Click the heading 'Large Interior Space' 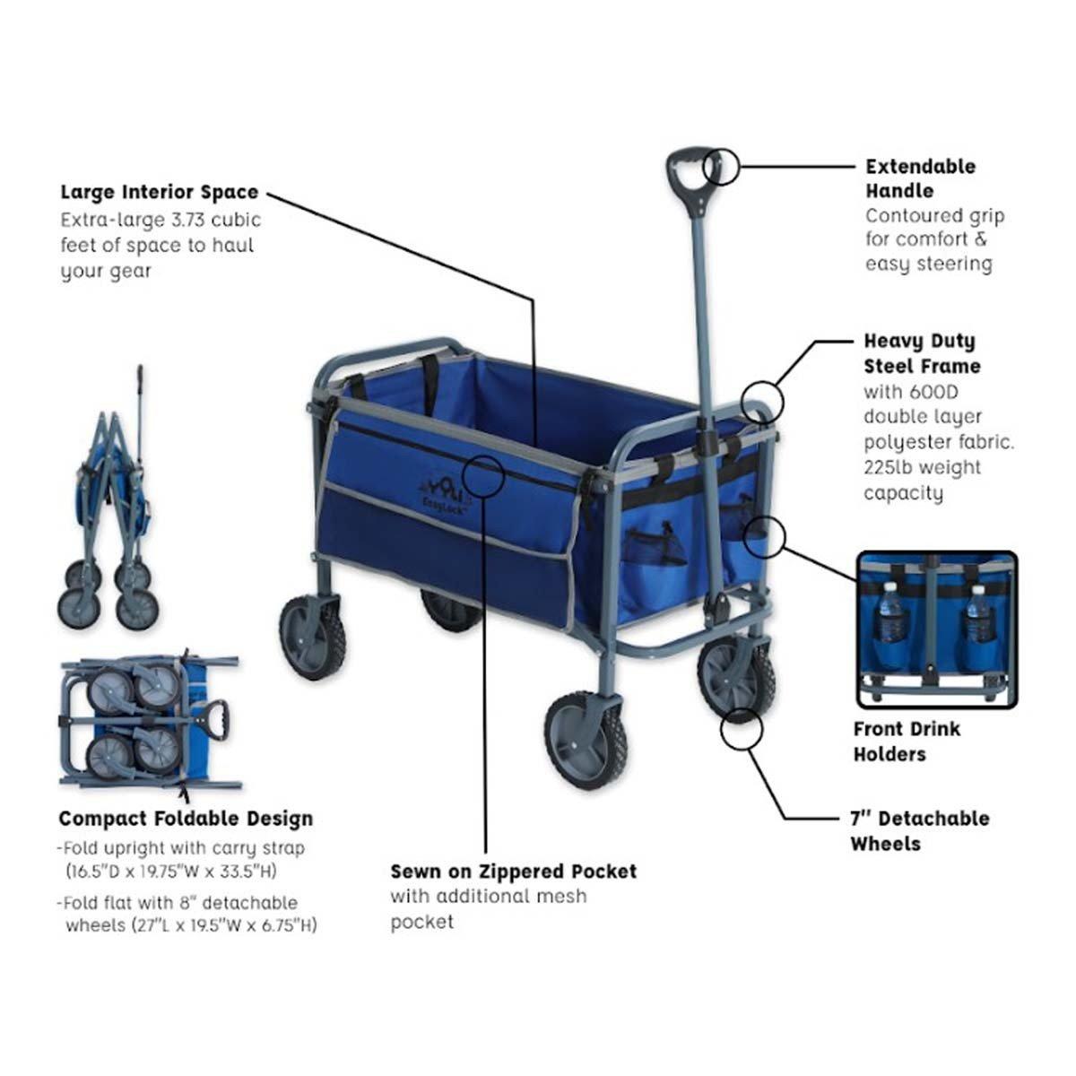coord(159,192)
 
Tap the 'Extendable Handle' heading coord(921,178)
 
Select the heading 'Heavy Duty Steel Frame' coord(922,353)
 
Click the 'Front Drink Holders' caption coord(907,742)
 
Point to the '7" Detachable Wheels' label coord(920,831)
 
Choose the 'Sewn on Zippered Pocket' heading coord(513,871)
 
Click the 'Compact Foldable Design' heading coord(186,819)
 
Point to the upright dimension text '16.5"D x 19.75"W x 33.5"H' coord(172,871)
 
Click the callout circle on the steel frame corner coord(763,402)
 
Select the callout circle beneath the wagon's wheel coord(742,728)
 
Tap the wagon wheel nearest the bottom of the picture coord(586,740)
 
